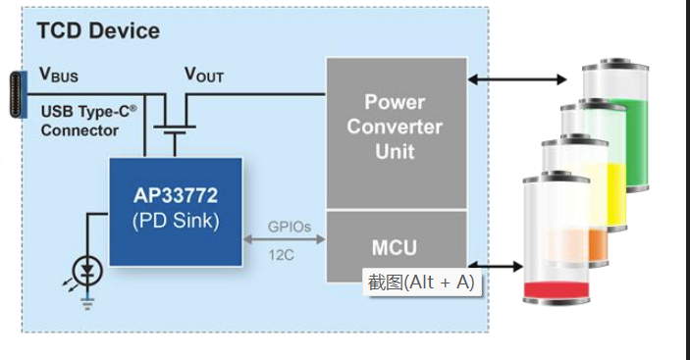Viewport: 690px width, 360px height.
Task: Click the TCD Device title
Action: [98, 30]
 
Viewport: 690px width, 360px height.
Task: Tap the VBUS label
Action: [59, 74]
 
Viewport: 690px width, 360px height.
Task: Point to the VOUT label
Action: [204, 75]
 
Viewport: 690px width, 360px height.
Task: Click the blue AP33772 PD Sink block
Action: [176, 210]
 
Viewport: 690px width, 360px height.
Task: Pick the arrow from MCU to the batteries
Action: [496, 265]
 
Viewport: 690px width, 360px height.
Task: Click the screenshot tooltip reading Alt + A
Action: [421, 283]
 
